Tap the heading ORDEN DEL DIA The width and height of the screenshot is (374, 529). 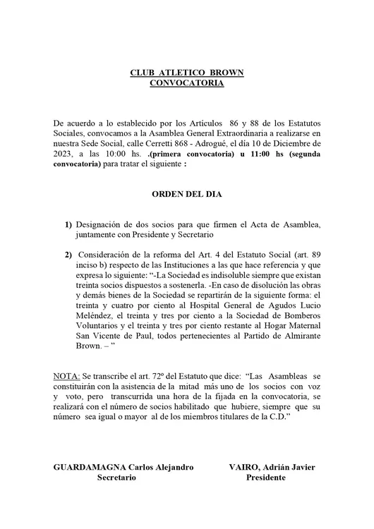[x=187, y=193]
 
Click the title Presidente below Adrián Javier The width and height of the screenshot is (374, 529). [x=265, y=478]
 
